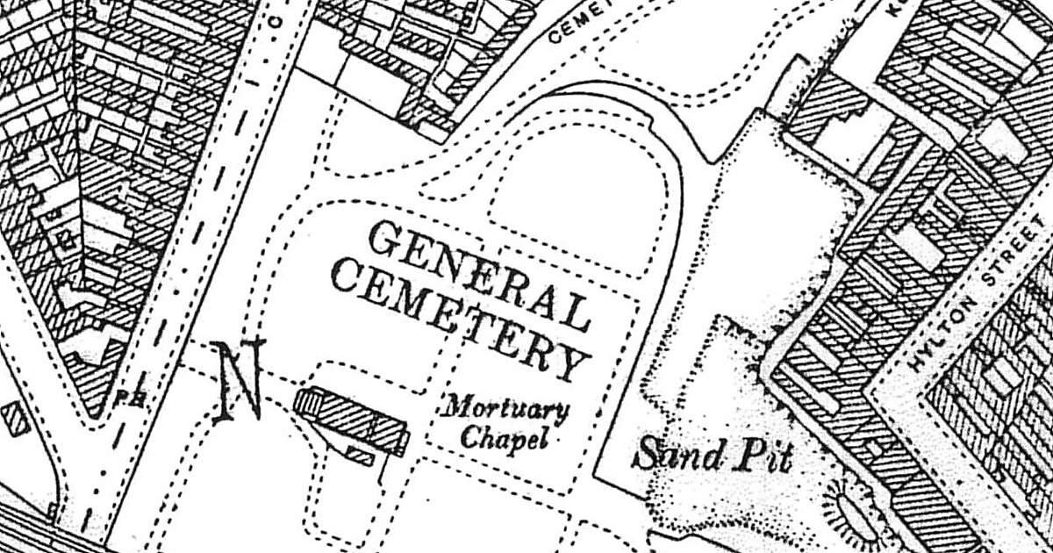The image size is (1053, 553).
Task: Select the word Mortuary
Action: (x=505, y=409)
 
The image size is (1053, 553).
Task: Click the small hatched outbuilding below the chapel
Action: (x=360, y=455)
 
